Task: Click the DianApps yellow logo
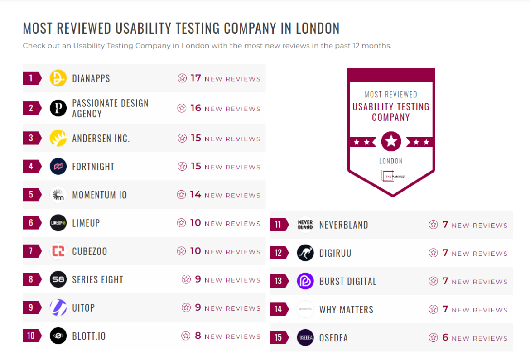click(58, 78)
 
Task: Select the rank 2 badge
click(31, 108)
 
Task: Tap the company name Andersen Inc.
click(101, 138)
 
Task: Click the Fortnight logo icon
click(58, 166)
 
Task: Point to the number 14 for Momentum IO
click(195, 195)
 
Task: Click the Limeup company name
click(86, 223)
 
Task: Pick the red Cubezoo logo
click(58, 251)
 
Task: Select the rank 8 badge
click(31, 279)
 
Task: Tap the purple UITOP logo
click(58, 307)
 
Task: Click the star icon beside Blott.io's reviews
click(185, 336)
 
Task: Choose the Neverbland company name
click(343, 225)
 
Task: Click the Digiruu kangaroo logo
click(305, 253)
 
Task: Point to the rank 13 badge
click(278, 281)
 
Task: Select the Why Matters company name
click(346, 309)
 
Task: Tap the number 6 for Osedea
click(445, 338)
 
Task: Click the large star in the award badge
click(391, 142)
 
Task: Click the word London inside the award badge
click(391, 161)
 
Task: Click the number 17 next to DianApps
click(195, 78)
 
